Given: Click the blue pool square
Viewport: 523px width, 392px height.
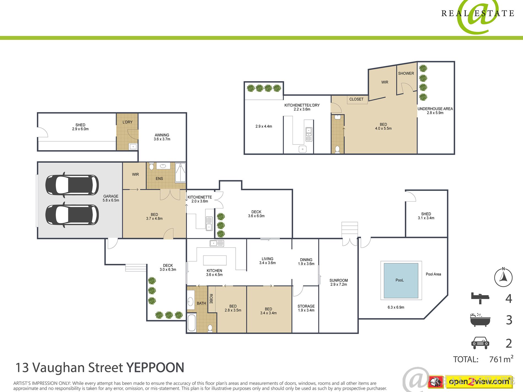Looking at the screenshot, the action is click(x=401, y=280).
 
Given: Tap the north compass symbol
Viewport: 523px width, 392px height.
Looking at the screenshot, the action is click(x=503, y=277).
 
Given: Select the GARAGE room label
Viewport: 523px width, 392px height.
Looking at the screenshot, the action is click(x=111, y=196).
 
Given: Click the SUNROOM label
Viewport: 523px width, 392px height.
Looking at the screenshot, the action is click(x=339, y=280).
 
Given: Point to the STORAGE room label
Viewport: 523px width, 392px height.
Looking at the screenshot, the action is click(x=306, y=306).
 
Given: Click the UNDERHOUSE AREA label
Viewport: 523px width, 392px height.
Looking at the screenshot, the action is click(x=435, y=109).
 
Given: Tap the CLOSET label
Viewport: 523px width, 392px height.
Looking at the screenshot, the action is click(x=356, y=99).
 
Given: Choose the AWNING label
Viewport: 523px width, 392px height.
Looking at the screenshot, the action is click(x=162, y=135).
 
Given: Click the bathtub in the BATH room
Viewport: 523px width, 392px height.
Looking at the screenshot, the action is click(x=192, y=323).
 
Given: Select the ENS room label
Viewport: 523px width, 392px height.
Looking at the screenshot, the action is click(x=159, y=179).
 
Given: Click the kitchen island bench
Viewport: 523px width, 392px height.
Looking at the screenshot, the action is click(x=215, y=260).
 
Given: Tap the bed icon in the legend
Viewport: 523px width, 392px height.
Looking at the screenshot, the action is click(x=480, y=298).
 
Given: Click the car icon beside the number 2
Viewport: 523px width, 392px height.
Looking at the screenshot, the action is click(x=480, y=343).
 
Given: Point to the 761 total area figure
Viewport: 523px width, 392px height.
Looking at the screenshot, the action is click(x=495, y=359).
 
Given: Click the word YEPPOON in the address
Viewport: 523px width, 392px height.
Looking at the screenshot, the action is click(x=155, y=368).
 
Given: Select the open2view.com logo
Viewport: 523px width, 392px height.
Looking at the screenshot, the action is click(x=479, y=381).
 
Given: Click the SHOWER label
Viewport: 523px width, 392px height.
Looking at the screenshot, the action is click(x=406, y=73).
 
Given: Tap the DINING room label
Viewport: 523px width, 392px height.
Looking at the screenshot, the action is click(x=306, y=260).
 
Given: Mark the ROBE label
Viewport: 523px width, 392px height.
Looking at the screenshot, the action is click(x=211, y=299).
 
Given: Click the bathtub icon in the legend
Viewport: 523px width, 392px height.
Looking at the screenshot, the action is click(x=480, y=320).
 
